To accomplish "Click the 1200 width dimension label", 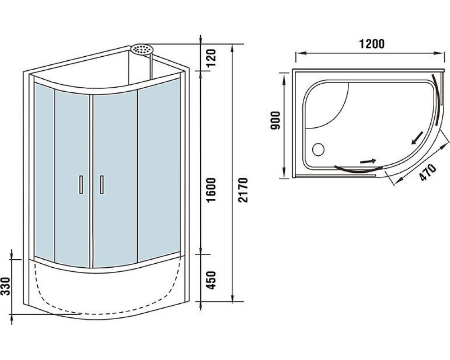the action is [x=371, y=44].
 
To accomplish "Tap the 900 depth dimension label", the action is [x=275, y=120].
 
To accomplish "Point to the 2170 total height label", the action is [x=243, y=190].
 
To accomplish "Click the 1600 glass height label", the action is [x=211, y=190].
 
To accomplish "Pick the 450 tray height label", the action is [x=211, y=280].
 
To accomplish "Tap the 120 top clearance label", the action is [x=211, y=58].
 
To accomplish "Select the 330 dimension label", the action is [x=6, y=286].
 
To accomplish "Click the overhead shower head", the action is [x=142, y=49].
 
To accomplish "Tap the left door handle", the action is [x=81, y=185].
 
